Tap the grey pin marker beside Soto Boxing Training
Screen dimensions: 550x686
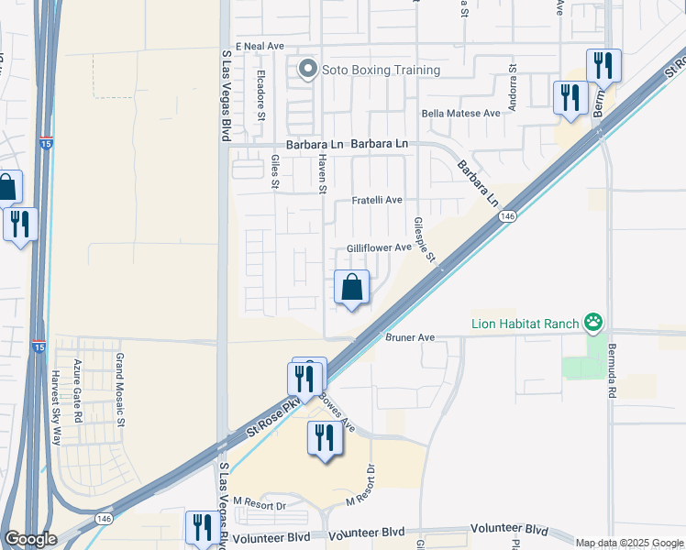tap(308, 69)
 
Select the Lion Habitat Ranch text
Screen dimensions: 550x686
tap(526, 323)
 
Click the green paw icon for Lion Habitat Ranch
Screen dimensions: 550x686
tap(595, 322)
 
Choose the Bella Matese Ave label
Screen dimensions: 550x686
tap(460, 114)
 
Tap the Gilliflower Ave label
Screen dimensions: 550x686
tap(379, 248)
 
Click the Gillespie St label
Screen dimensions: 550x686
tap(424, 239)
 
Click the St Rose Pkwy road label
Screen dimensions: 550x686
tap(273, 417)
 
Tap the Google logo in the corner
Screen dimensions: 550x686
tap(30, 539)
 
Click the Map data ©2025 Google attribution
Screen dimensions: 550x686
tap(628, 543)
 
